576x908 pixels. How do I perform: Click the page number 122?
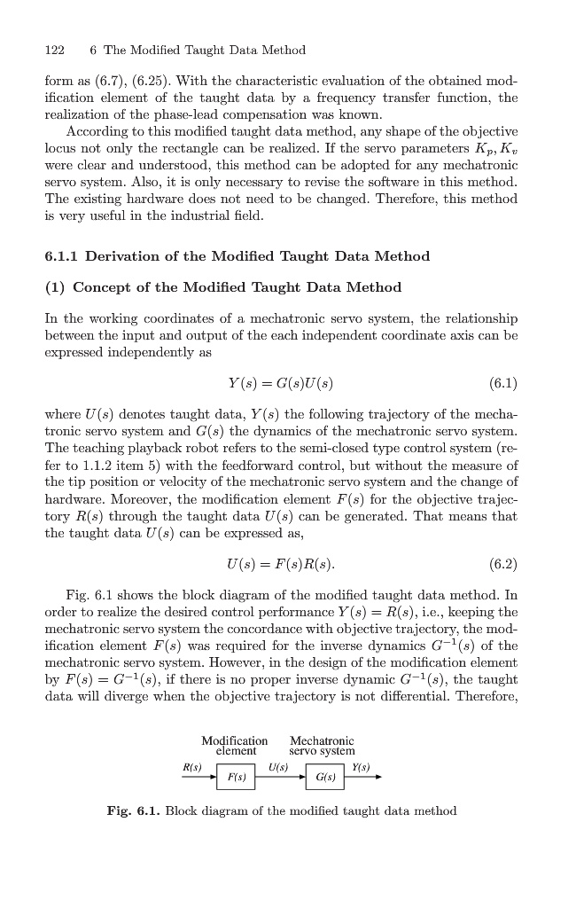[55, 50]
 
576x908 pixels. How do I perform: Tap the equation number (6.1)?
[502, 384]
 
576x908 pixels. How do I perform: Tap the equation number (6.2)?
[502, 564]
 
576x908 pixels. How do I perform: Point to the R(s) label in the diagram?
[191, 767]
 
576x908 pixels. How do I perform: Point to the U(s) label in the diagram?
[278, 767]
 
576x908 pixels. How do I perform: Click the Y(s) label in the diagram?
[360, 767]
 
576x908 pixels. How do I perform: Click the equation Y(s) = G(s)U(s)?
[280, 384]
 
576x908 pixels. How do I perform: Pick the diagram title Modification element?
[235, 746]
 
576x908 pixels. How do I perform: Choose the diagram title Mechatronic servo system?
[322, 746]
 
